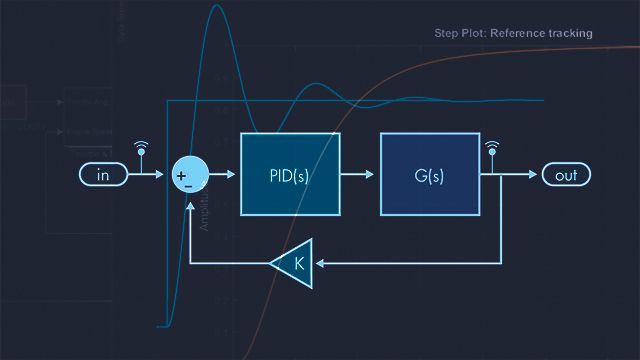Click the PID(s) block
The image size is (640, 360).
point(290,174)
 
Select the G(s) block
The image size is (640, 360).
point(428,174)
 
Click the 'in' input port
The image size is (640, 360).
point(103,175)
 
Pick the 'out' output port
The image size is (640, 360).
point(566,175)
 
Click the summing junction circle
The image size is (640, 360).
point(190,175)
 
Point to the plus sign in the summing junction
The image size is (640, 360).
point(181,176)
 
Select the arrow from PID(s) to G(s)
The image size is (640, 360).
point(359,175)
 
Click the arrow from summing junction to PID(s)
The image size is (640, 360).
point(223,175)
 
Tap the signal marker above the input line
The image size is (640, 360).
point(140,151)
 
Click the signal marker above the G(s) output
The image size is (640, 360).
point(491,151)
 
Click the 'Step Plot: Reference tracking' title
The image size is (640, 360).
point(513,33)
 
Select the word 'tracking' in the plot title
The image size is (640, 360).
point(566,33)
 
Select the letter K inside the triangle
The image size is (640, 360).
point(297,264)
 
